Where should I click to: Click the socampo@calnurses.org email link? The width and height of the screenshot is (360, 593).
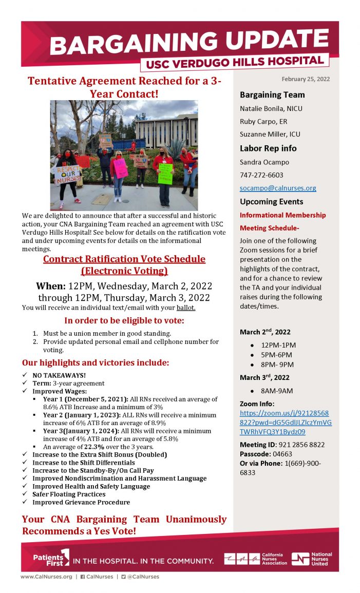[278, 188]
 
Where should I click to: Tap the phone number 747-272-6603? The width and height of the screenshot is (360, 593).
[261, 175]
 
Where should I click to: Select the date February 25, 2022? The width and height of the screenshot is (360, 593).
[306, 79]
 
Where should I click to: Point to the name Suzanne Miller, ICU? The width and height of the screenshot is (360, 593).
[270, 135]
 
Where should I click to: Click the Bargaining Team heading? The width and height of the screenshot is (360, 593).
[272, 95]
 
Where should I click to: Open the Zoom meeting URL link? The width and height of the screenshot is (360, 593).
[286, 423]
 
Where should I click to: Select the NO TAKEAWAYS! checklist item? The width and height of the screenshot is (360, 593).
[59, 375]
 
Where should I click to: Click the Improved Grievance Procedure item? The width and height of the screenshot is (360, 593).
[81, 502]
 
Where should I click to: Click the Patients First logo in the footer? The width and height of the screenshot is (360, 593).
[51, 558]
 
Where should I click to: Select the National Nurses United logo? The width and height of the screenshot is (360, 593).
[312, 559]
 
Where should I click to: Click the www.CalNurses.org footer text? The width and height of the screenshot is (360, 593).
[46, 577]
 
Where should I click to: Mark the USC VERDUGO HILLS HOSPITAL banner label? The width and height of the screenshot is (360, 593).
[235, 62]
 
